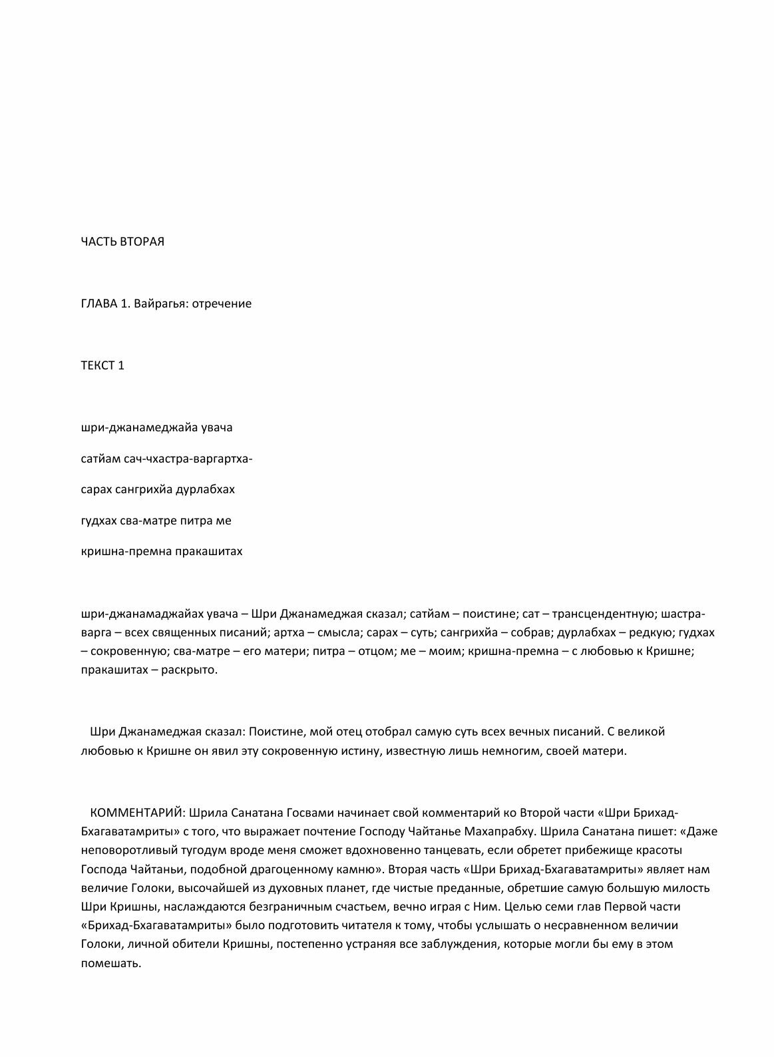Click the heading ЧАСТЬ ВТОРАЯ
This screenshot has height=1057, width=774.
122,242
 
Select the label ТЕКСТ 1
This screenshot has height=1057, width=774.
102,365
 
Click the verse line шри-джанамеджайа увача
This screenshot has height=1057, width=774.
156,427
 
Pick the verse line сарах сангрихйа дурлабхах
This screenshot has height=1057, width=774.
158,489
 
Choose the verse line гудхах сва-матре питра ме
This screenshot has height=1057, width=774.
156,521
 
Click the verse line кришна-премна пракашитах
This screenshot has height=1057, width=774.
162,551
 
